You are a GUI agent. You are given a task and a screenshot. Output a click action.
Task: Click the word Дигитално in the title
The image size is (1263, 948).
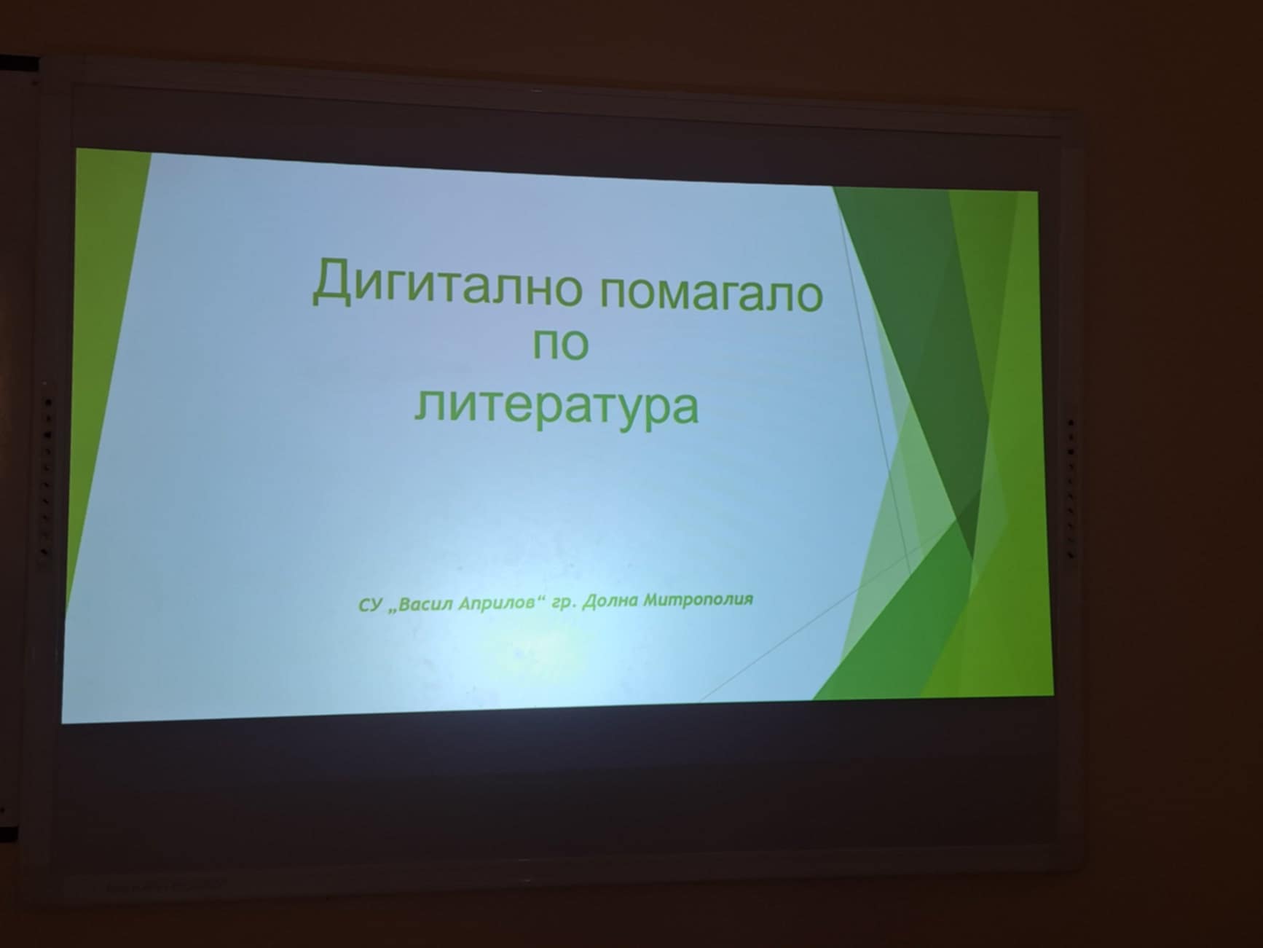pos(446,285)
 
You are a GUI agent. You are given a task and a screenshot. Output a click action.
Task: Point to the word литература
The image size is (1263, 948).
pos(556,406)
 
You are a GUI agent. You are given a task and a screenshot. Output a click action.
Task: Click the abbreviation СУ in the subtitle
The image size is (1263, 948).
pos(370,606)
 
